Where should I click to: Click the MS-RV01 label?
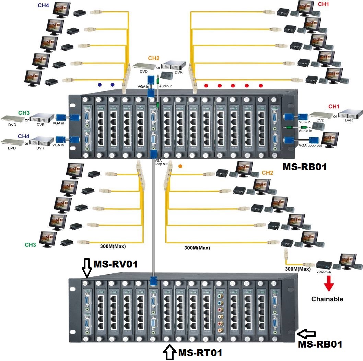click(116, 264)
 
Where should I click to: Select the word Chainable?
click(327, 299)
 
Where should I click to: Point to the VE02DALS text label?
click(324, 271)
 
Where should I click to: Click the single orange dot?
click(180, 166)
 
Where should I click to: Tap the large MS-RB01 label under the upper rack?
click(304, 167)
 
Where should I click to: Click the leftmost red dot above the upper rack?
click(206, 85)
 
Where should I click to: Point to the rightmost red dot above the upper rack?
click(261, 85)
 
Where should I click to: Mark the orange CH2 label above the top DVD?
click(154, 58)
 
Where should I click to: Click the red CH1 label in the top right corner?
click(323, 4)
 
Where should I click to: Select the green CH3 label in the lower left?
click(31, 245)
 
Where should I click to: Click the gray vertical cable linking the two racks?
click(153, 220)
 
